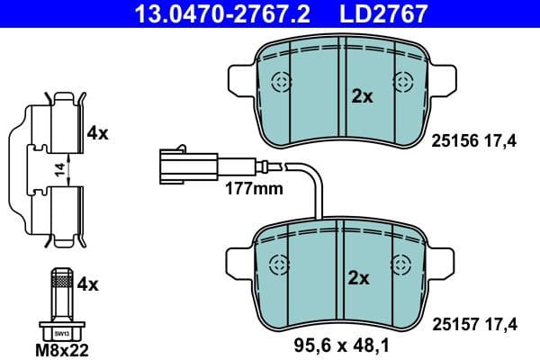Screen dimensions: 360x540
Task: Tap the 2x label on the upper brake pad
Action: point(362,96)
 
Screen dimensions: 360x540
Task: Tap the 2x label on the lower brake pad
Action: point(359,278)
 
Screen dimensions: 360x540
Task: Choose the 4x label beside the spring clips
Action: point(97,133)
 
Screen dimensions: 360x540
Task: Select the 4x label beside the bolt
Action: point(87,284)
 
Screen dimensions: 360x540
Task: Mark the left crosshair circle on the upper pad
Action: point(281,83)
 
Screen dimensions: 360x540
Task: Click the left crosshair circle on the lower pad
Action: point(282,264)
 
